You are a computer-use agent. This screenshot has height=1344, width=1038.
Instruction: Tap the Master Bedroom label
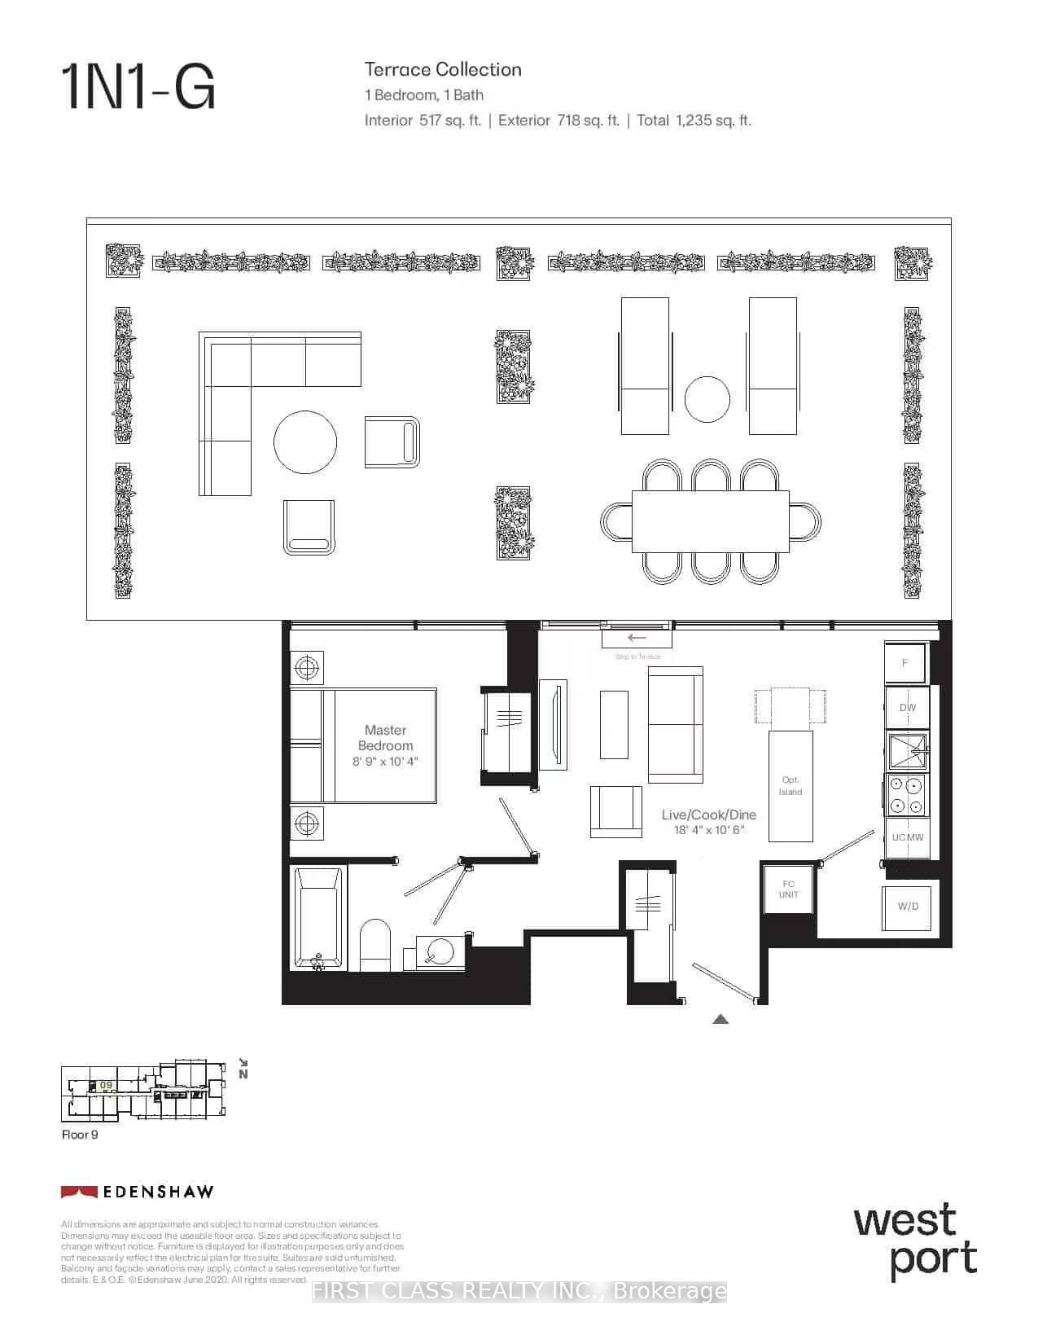[x=386, y=738]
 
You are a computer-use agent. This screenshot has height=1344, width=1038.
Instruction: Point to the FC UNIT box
[x=788, y=889]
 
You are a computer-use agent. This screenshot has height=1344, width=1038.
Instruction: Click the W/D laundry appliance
[x=908, y=907]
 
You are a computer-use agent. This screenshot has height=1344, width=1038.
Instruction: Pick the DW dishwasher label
[x=907, y=708]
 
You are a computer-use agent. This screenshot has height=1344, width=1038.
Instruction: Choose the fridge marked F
[x=904, y=663]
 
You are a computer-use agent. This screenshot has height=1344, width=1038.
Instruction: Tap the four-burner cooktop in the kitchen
[x=906, y=795]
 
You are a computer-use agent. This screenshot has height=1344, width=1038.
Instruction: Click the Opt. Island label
[x=791, y=786]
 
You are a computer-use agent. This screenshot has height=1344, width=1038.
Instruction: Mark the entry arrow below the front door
[x=720, y=1018]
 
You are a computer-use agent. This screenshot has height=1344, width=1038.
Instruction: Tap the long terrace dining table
[x=710, y=521]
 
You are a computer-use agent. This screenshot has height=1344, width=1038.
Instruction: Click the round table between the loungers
[x=707, y=399]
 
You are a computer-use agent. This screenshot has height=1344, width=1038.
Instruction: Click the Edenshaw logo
[x=137, y=1192]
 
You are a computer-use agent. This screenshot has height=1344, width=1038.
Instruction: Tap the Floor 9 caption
[x=80, y=1135]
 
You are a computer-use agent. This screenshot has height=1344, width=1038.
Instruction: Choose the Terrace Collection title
[x=443, y=70]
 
